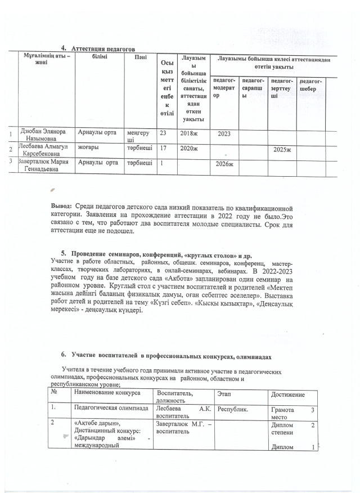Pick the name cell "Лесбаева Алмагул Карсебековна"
(x=42, y=149)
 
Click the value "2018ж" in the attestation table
(x=188, y=133)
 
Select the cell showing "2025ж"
(x=281, y=150)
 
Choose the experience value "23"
(x=164, y=133)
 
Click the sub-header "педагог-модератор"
(x=224, y=86)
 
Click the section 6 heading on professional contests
(x=166, y=356)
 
